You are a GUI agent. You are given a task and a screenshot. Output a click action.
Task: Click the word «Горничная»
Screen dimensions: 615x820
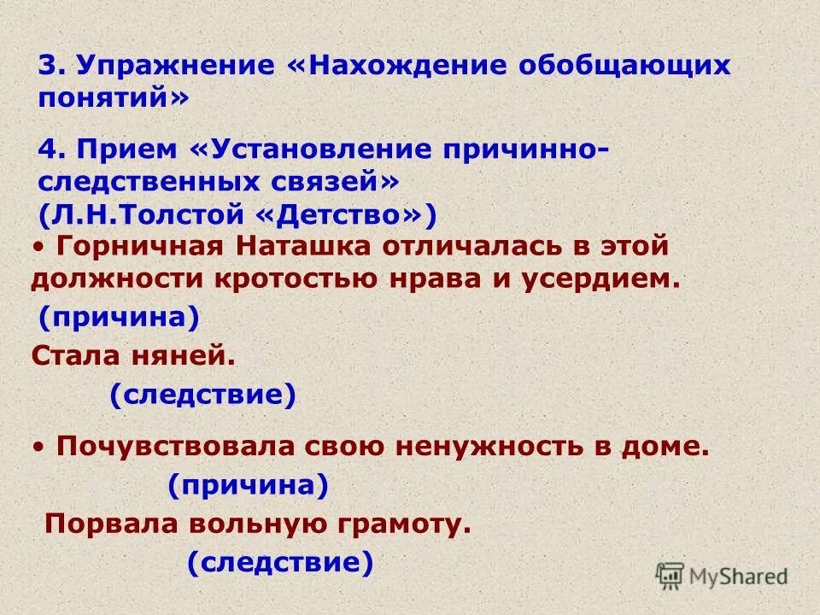(142, 247)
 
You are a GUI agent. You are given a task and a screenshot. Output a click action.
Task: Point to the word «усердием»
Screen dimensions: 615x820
(600, 279)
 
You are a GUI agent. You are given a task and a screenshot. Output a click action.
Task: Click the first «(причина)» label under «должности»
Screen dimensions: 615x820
(120, 318)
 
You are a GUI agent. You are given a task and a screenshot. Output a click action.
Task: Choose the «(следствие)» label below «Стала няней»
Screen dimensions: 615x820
(202, 395)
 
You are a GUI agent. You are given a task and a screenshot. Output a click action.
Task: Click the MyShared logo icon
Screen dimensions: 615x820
(671, 575)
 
